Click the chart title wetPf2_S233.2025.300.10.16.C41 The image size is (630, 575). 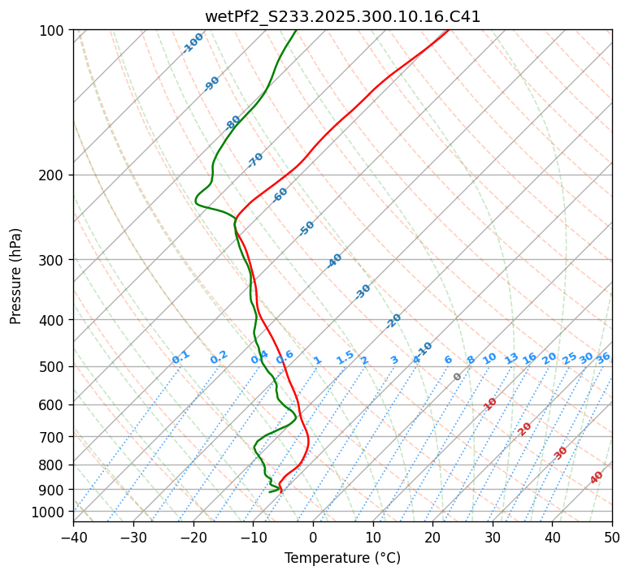[x=342, y=15]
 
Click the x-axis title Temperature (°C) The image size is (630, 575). [x=342, y=559]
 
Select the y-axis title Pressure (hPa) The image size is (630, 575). [x=16, y=276]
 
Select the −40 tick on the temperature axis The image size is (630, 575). [x=73, y=537]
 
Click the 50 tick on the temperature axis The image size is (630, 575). [x=612, y=537]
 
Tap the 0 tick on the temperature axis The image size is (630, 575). [x=313, y=537]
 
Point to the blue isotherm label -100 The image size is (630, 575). [x=193, y=43]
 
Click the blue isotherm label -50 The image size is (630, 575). [x=306, y=228]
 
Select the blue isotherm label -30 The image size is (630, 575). [x=363, y=292]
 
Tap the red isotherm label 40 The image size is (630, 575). [x=597, y=478]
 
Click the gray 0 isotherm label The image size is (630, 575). [x=458, y=377]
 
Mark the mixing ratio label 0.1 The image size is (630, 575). [x=180, y=357]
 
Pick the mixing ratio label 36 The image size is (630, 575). [x=603, y=357]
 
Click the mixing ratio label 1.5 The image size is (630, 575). [x=345, y=357]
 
